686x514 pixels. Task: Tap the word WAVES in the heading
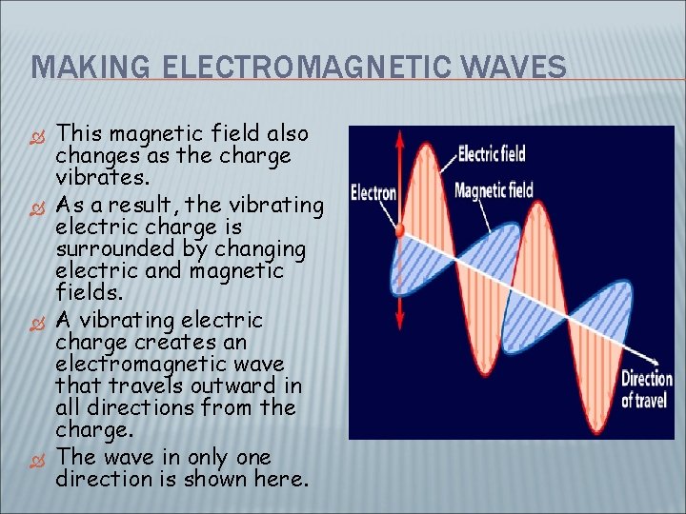(x=520, y=67)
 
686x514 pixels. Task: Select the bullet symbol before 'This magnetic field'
(x=40, y=133)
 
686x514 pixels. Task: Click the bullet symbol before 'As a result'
(x=40, y=205)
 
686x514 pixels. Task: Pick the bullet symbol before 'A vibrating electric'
(x=40, y=320)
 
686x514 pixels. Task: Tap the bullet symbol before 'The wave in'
(x=40, y=458)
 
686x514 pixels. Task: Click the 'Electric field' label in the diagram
(x=492, y=152)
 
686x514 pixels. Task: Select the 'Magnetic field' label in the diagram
(x=494, y=190)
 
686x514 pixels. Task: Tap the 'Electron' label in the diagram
(x=373, y=193)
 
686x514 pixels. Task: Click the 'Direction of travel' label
(x=648, y=388)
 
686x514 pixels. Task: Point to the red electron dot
(x=400, y=230)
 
